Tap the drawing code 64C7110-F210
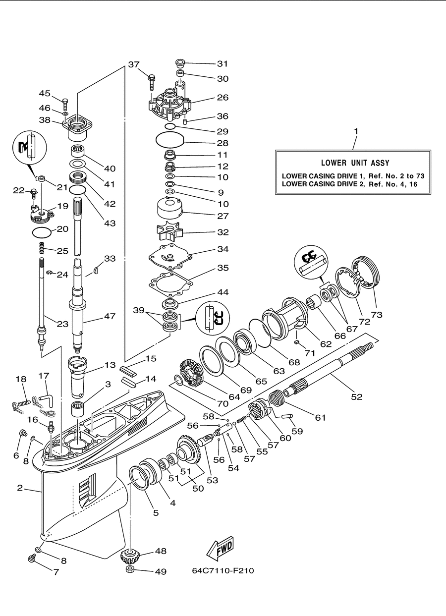pos(223,570)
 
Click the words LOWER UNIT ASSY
pos(355,163)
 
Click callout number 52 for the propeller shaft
pos(357,397)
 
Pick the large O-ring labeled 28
pos(169,140)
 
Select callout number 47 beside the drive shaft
pos(110,316)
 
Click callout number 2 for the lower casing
pos(20,488)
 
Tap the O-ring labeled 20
pos(42,232)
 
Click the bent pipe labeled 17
pos(47,400)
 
